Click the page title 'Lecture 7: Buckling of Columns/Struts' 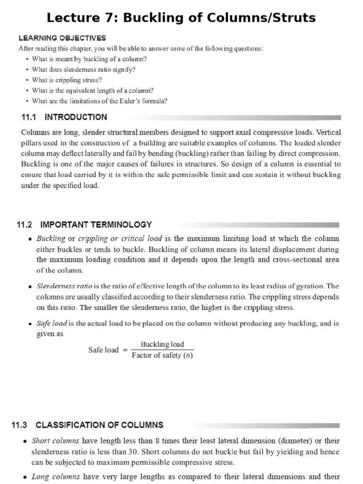181,18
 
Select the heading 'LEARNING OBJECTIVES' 62,38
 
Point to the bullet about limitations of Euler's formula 100,101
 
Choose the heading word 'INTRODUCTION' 76,117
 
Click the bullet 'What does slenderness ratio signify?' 84,69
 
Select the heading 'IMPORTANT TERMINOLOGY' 96,225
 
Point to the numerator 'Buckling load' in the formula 162,345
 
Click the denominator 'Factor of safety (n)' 162,355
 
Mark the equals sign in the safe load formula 125,350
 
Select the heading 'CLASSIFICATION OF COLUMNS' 99,425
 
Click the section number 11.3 20,425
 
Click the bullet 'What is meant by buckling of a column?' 89,59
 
